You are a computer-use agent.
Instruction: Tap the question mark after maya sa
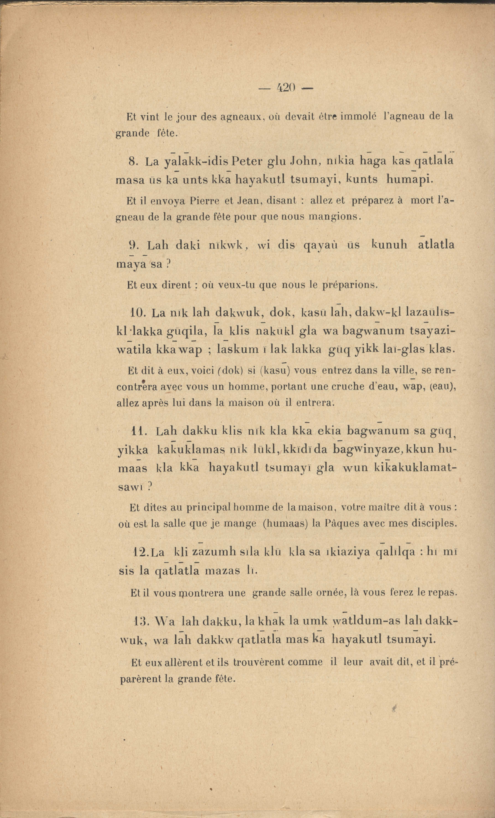pos(168,264)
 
